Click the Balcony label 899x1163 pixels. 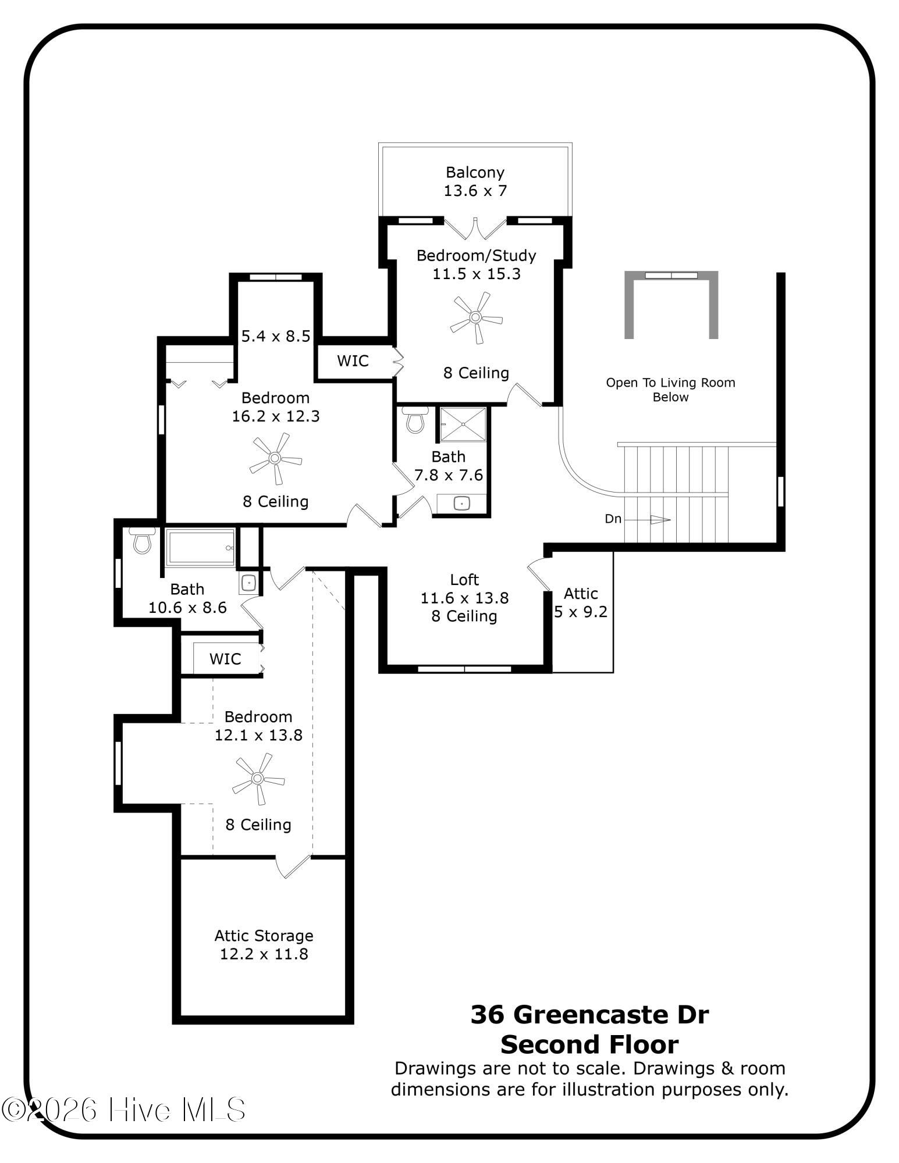pyautogui.click(x=475, y=173)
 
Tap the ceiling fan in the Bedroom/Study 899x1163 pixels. pyautogui.click(x=476, y=317)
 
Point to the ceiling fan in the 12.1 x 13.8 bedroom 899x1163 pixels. pyautogui.click(x=258, y=779)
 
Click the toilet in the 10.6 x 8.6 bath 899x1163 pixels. pyautogui.click(x=142, y=540)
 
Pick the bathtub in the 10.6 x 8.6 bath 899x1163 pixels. pyautogui.click(x=201, y=547)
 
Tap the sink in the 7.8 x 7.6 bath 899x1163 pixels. pyautogui.click(x=462, y=502)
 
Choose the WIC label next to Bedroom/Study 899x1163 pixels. pyautogui.click(x=353, y=361)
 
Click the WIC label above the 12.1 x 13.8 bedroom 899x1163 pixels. pyautogui.click(x=225, y=659)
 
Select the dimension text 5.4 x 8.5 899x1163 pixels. pyautogui.click(x=275, y=336)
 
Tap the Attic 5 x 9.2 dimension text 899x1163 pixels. pyautogui.click(x=581, y=612)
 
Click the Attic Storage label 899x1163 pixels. pyautogui.click(x=264, y=936)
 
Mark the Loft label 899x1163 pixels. pyautogui.click(x=464, y=580)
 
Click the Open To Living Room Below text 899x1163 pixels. pyautogui.click(x=670, y=390)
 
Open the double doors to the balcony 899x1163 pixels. pyautogui.click(x=475, y=228)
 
